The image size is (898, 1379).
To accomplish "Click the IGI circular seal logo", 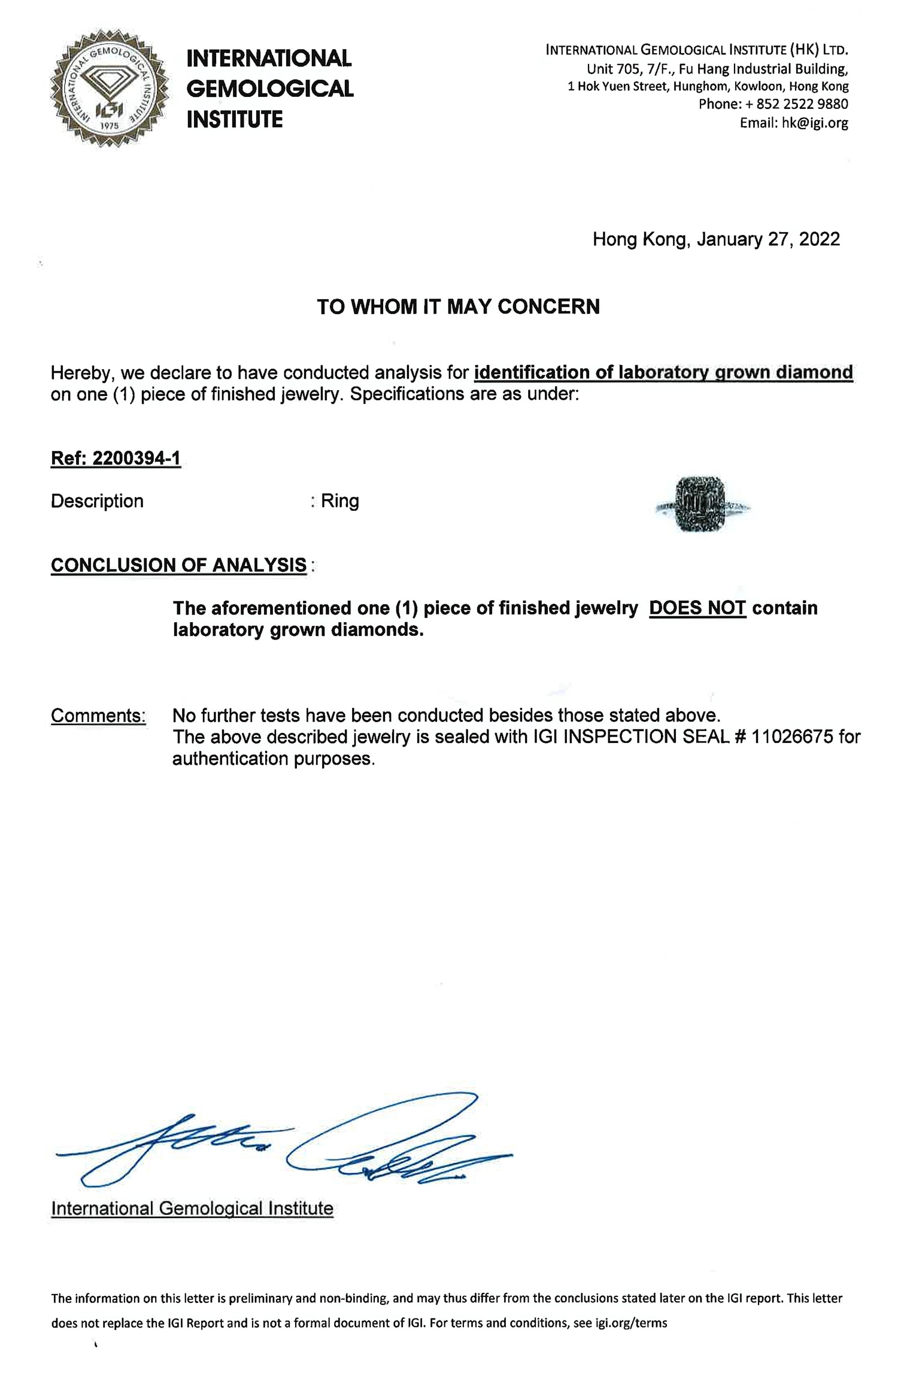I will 110,89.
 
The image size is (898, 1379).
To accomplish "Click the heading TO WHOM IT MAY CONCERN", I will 458,307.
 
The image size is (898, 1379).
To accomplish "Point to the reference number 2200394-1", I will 136,458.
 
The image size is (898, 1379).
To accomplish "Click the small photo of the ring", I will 700,504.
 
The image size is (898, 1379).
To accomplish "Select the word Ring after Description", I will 340,501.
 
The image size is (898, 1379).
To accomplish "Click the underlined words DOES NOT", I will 697,608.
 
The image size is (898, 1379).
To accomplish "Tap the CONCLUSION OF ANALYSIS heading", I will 178,565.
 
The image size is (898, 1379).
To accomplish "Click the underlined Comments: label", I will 98,716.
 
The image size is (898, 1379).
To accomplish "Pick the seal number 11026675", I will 792,736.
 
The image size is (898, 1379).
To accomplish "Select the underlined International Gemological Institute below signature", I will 192,1208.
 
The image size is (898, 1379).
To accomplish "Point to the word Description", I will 97,501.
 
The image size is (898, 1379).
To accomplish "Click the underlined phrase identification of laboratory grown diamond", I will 663,373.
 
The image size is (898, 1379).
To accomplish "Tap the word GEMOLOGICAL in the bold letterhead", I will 270,89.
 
